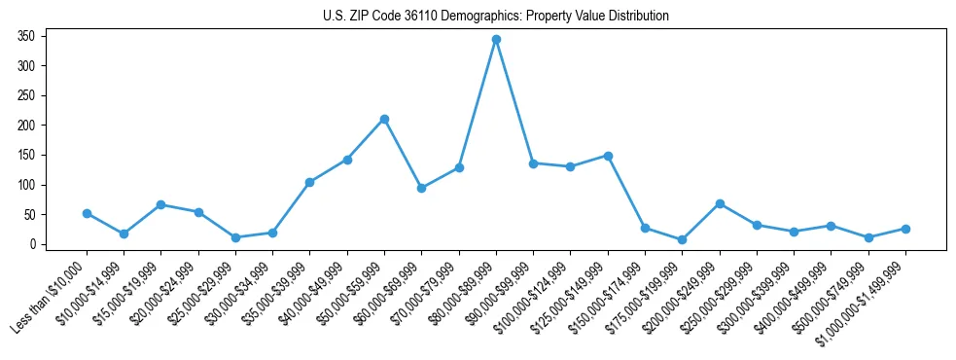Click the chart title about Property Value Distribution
pyautogui.click(x=496, y=17)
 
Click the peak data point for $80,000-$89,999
pyautogui.click(x=496, y=40)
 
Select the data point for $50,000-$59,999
pyautogui.click(x=384, y=119)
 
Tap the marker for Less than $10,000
pyautogui.click(x=87, y=213)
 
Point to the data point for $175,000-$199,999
pyautogui.click(x=683, y=239)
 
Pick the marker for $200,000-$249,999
pyautogui.click(x=720, y=203)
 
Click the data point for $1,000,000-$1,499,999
pyautogui.click(x=905, y=229)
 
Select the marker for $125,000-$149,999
pyautogui.click(x=608, y=156)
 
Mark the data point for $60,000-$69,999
pyautogui.click(x=421, y=188)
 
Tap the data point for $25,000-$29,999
pyautogui.click(x=235, y=237)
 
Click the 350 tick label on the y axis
pyautogui.click(x=26, y=36)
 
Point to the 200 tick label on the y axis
pyautogui.click(x=26, y=126)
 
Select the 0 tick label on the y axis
pyautogui.click(x=32, y=244)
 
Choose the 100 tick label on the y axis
pyautogui.click(x=26, y=185)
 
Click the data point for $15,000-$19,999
pyautogui.click(x=160, y=204)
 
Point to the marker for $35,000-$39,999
pyautogui.click(x=309, y=182)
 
